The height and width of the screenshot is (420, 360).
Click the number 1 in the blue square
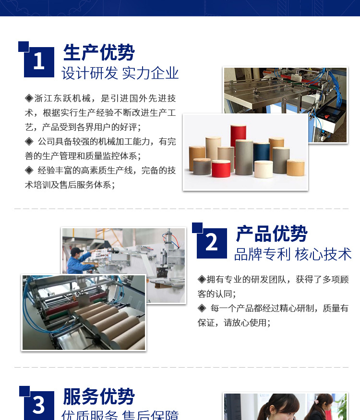[x=39, y=61]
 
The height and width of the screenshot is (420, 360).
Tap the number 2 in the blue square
[x=211, y=242]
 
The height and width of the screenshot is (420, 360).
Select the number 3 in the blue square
[x=39, y=405]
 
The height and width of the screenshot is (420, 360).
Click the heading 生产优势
[x=99, y=52]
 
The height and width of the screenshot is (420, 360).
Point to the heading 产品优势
[x=272, y=234]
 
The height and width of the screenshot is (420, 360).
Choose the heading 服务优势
[x=99, y=396]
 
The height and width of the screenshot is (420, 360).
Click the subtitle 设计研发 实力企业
[x=120, y=73]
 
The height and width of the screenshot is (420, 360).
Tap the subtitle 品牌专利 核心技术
[x=293, y=254]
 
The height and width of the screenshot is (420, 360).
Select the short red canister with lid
[x=221, y=169]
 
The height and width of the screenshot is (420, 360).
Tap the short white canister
[x=264, y=169]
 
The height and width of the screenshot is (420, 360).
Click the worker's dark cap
[x=77, y=250]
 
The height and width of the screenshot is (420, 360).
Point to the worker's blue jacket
[x=78, y=263]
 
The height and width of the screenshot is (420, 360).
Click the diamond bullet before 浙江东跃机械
[x=29, y=99]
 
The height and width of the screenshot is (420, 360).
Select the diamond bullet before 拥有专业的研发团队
[x=202, y=279]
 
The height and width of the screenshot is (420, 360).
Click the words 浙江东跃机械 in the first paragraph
[x=62, y=99]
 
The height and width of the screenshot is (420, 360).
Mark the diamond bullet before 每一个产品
[x=202, y=309]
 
